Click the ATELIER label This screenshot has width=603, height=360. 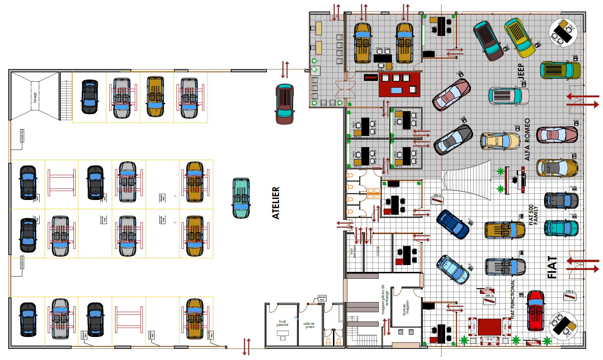pos(276,203)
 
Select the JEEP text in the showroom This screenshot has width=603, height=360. pos(521,72)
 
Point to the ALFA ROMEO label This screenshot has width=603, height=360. pos(527,140)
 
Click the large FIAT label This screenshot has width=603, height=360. pos(552,268)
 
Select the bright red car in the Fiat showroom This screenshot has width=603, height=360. pos(535,310)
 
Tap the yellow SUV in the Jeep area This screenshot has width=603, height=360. pos(520,38)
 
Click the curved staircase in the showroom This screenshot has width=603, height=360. pos(466,180)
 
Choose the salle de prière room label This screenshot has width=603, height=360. pos(309,325)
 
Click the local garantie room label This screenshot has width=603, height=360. pos(282,323)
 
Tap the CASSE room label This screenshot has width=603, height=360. pos(378,251)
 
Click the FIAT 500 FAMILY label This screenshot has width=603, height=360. pos(533,215)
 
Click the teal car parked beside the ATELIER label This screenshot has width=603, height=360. pos(241,198)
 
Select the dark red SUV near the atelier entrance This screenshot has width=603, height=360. pos(285,104)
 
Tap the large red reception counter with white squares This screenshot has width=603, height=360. pos(399,84)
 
